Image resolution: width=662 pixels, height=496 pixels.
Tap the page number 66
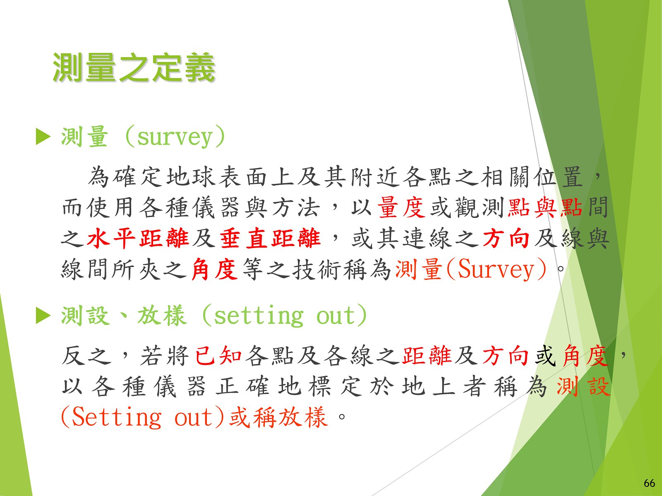[x=649, y=483]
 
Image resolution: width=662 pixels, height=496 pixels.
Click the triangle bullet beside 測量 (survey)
[x=43, y=137]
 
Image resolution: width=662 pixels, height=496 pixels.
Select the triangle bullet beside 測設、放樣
[x=43, y=315]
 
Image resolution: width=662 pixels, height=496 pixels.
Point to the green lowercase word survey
[x=175, y=138]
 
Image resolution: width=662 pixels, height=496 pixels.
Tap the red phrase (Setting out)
[x=143, y=417]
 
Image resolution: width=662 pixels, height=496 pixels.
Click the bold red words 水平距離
[x=138, y=238]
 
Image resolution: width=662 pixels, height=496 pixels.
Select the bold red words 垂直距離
[x=270, y=238]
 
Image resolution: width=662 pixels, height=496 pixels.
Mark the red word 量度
[x=401, y=207]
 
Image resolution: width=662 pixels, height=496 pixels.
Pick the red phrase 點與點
[x=545, y=207]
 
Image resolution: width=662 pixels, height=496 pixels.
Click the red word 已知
[x=218, y=355]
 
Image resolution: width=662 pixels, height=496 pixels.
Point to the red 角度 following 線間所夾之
[x=214, y=269]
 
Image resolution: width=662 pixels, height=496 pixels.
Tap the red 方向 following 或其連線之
[x=506, y=238]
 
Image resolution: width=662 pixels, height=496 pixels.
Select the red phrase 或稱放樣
[x=278, y=417]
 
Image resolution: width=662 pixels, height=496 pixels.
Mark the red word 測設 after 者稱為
[x=583, y=386]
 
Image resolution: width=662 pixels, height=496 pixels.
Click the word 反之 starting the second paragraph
[x=86, y=355]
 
